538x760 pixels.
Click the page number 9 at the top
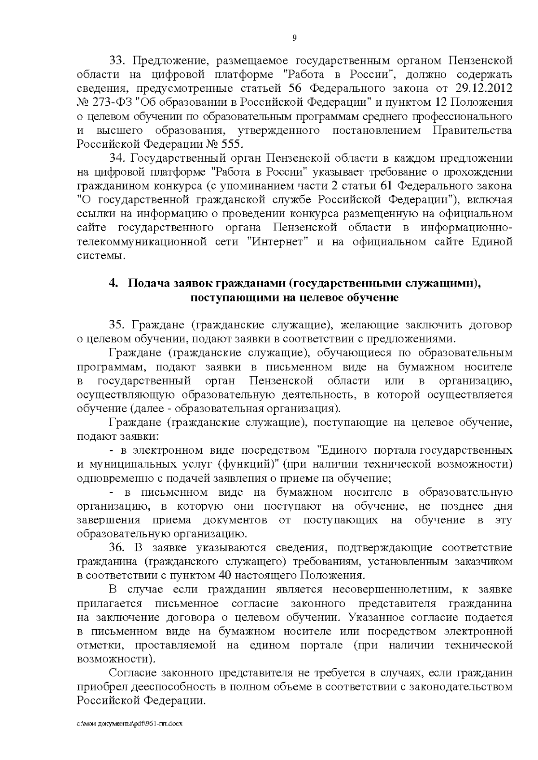(295, 38)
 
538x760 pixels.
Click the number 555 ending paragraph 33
(232, 144)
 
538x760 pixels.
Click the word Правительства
(473, 130)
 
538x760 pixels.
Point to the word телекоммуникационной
(155, 242)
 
